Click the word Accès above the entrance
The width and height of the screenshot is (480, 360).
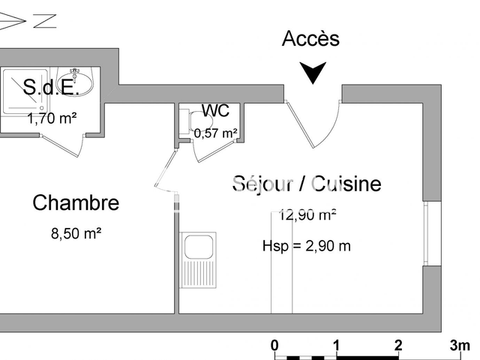tap(310, 38)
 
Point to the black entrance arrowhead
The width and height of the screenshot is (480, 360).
tap(313, 72)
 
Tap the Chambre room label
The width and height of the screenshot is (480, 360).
tap(76, 202)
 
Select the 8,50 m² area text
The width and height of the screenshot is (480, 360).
tap(76, 233)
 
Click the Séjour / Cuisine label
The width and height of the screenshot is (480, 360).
tap(307, 184)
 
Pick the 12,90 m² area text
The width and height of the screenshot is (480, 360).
tap(307, 215)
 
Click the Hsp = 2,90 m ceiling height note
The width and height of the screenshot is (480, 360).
tap(307, 246)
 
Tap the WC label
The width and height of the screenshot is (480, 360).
tap(215, 110)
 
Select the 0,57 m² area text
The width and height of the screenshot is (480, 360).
tap(215, 133)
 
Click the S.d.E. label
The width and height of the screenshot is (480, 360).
tap(51, 87)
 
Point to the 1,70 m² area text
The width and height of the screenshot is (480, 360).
tap(52, 118)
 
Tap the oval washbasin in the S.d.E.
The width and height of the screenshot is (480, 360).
tap(76, 82)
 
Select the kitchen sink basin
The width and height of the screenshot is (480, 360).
tap(199, 247)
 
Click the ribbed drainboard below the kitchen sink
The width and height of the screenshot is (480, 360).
tap(198, 274)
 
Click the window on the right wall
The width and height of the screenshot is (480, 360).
tap(426, 233)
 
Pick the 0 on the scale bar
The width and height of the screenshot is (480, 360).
tap(274, 346)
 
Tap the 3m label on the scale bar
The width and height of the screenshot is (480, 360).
tap(460, 346)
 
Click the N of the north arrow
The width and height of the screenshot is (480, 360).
tap(45, 21)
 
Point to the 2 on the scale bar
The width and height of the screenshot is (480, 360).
tap(398, 346)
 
